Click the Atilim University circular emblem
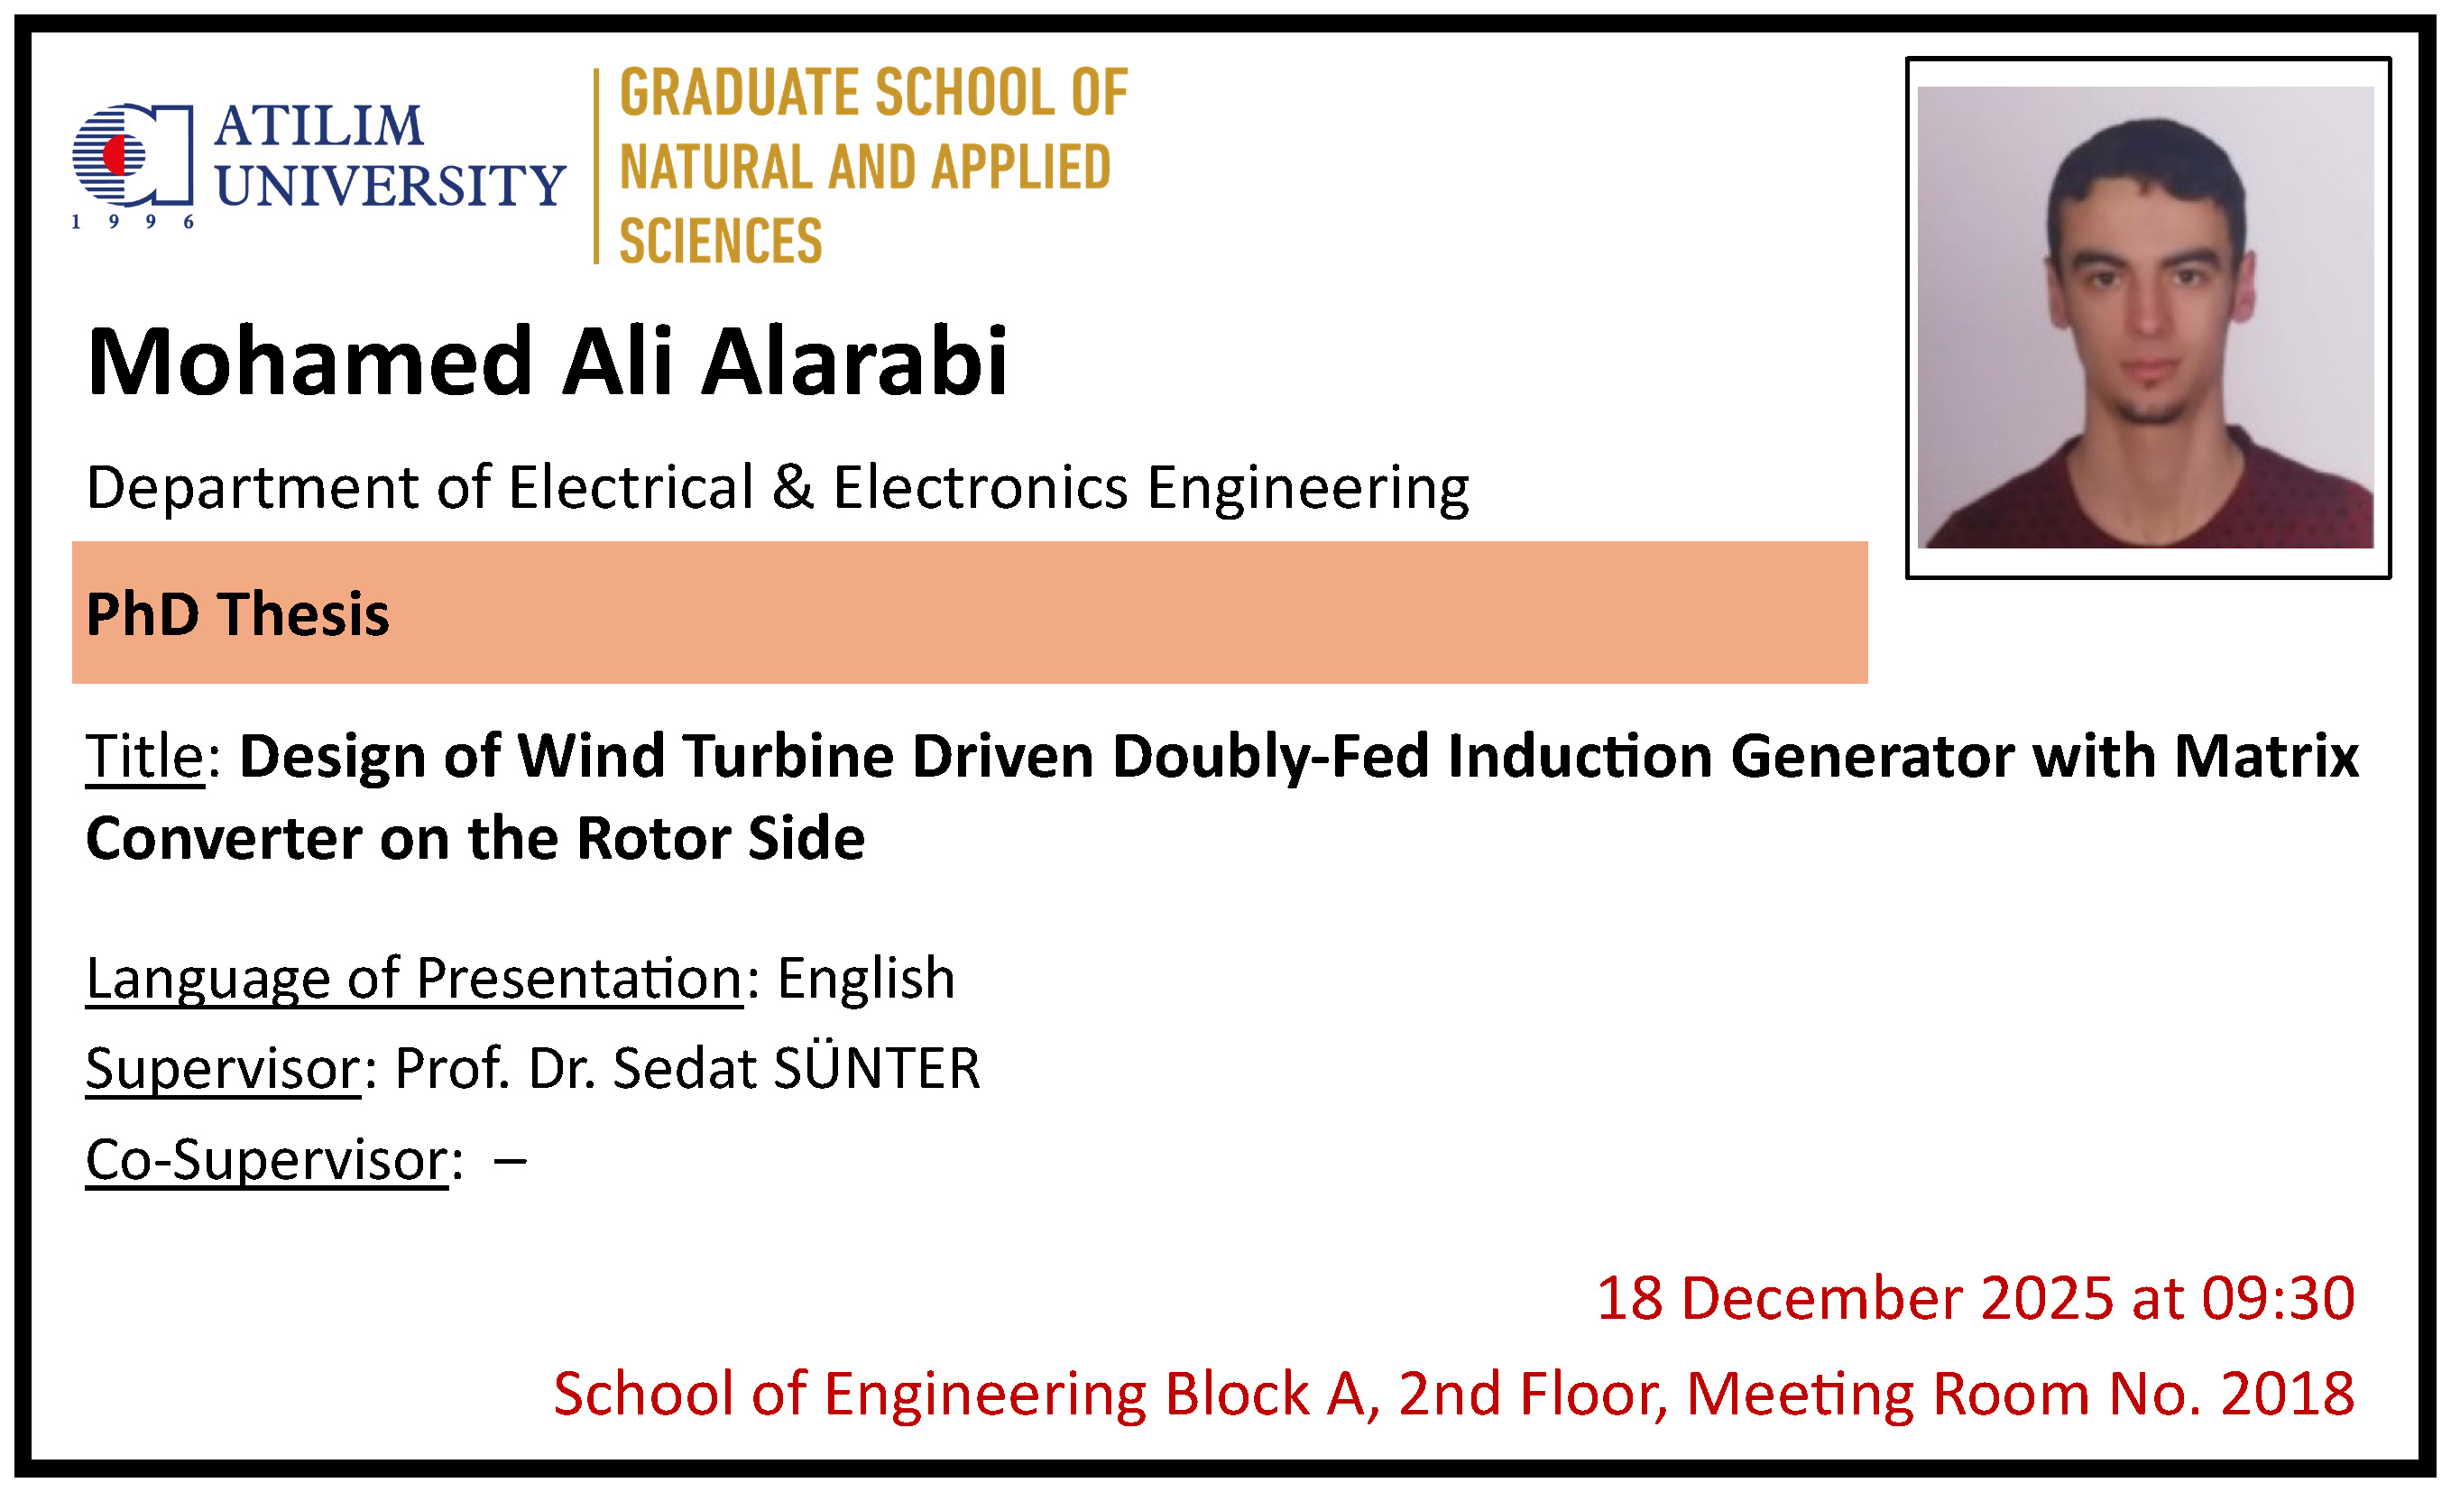(132, 154)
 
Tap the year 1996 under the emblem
(133, 222)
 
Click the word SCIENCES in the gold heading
(720, 241)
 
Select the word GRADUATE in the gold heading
(738, 93)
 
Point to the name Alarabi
(854, 361)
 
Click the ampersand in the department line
(793, 487)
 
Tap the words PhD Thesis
(238, 613)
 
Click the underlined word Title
(145, 757)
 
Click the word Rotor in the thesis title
(652, 839)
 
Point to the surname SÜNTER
(876, 1068)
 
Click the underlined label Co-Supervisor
(268, 1161)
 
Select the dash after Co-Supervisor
(510, 1161)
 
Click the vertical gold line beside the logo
(596, 166)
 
